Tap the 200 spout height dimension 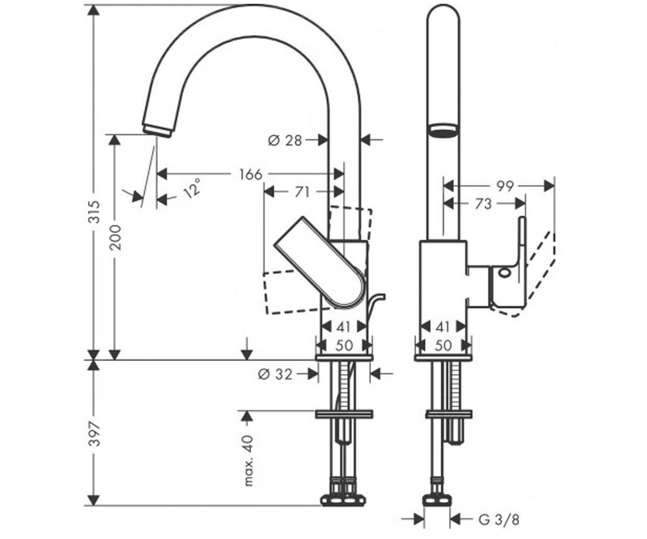[x=115, y=238]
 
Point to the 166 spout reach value [x=251, y=175]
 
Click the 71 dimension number [x=302, y=192]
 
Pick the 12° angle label [x=192, y=188]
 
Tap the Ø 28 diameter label [x=285, y=141]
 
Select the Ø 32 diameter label [x=275, y=375]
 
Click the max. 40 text [x=249, y=460]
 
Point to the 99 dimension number [x=505, y=186]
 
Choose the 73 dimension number [x=484, y=204]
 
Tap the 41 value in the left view [x=343, y=327]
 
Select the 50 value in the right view [x=443, y=345]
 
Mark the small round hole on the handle [x=505, y=273]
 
